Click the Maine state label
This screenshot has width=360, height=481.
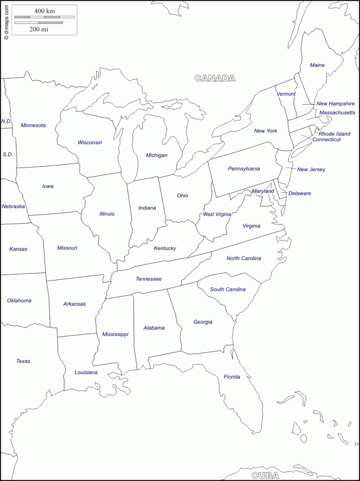(317, 65)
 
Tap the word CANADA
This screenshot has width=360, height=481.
(215, 78)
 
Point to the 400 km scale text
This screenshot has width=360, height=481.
(44, 10)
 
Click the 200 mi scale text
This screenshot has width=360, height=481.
(39, 29)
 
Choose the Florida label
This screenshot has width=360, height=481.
(232, 377)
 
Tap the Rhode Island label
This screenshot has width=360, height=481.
(335, 134)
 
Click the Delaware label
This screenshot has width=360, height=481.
(300, 194)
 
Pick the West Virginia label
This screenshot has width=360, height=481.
(217, 214)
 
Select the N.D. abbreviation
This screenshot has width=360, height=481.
(6, 121)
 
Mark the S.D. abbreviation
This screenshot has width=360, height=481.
(8, 154)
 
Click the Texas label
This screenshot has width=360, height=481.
(23, 361)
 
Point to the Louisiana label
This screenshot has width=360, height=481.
(86, 372)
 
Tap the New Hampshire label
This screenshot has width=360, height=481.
(335, 104)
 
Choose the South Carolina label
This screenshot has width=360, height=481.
(228, 289)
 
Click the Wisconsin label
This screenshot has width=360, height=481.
(90, 142)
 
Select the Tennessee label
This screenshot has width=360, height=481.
(149, 279)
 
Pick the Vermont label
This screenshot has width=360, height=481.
(286, 94)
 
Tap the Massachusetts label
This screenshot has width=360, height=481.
(337, 113)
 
